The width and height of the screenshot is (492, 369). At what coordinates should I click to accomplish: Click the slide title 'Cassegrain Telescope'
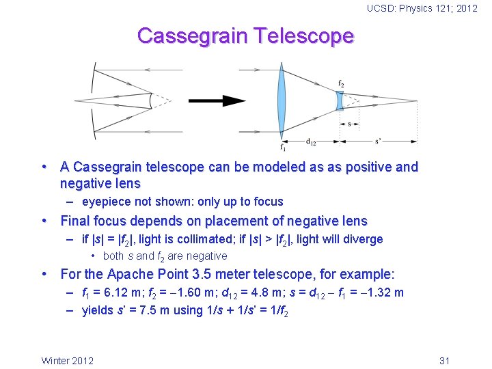pyautogui.click(x=245, y=36)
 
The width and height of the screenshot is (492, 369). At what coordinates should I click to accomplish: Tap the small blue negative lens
pyautogui.click(x=339, y=100)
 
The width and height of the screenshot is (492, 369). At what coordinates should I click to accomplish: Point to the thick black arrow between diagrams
pyautogui.click(x=217, y=101)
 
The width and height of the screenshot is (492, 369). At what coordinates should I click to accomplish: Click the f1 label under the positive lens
pyautogui.click(x=282, y=146)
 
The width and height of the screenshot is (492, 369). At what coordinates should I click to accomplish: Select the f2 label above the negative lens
pyautogui.click(x=341, y=84)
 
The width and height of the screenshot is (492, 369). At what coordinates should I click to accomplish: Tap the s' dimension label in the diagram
pyautogui.click(x=378, y=141)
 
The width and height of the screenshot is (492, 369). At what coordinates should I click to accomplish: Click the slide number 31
pyautogui.click(x=445, y=360)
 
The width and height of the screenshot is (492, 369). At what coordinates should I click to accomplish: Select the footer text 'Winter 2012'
pyautogui.click(x=68, y=360)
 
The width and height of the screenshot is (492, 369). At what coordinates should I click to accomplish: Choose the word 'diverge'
pyautogui.click(x=364, y=239)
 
